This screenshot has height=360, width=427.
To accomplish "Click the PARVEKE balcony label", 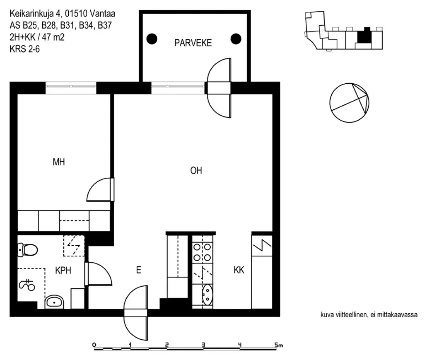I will (193, 43).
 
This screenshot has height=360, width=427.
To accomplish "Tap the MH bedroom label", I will (59, 162).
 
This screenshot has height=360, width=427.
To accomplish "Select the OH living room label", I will (196, 171).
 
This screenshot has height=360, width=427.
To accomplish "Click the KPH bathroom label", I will (63, 271).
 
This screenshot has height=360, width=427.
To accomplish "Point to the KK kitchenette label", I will (239, 270).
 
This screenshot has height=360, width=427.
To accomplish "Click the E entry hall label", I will (139, 270).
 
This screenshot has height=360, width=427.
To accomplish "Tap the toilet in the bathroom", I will (28, 250).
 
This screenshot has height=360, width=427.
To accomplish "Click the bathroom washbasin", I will (54, 302).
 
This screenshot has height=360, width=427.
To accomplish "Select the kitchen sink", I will (206, 295).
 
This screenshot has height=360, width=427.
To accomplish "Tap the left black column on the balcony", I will (152, 38).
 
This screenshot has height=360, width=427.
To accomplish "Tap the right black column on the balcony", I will (236, 38).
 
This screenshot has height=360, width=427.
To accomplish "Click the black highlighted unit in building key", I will (364, 36).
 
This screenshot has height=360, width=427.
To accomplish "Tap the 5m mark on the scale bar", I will (276, 345).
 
